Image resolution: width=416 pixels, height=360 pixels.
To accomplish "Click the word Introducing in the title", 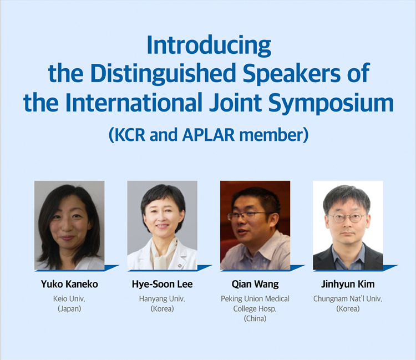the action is point(209,45).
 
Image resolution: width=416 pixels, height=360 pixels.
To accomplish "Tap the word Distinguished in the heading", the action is point(163,73).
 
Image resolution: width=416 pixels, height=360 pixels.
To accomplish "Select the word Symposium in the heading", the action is point(331,103).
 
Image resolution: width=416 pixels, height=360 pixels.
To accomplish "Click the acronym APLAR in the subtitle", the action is point(209,134).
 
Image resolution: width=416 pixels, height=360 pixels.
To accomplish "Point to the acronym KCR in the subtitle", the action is point(130,134).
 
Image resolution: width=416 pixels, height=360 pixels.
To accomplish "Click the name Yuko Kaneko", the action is point(69,284).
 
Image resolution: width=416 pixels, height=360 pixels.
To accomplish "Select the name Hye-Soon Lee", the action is point(162,284).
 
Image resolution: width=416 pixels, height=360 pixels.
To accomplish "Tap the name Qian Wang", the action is point(255,285).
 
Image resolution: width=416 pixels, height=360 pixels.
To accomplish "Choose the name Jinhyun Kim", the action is point(348,285).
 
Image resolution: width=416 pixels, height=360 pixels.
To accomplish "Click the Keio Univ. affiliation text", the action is point(69,299).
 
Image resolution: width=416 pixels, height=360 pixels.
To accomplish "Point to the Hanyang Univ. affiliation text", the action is point(162,299).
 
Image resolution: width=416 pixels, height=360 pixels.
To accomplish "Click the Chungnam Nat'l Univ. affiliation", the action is point(348,299).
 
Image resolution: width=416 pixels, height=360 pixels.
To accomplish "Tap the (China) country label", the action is point(255,318).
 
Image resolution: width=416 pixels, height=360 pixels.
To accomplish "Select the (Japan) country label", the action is point(69,309).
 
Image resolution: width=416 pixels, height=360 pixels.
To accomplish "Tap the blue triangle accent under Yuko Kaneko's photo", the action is point(111,267).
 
